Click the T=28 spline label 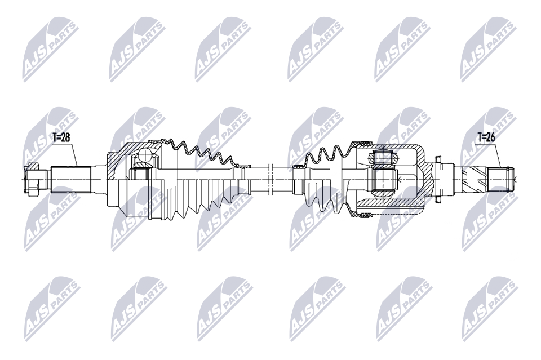[x=61, y=137]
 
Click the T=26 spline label [x=486, y=137]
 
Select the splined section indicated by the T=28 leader [x=71, y=179]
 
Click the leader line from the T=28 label [x=74, y=154]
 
